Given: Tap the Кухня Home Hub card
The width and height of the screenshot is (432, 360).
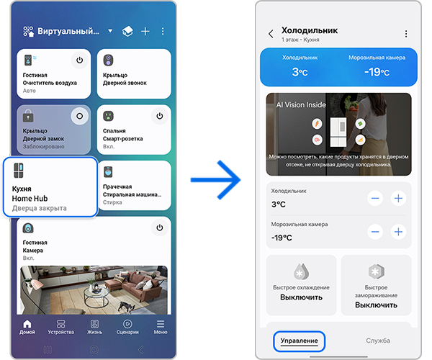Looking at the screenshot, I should click(50, 187).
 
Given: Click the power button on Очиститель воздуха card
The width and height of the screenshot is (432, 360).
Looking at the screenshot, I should click(78, 60).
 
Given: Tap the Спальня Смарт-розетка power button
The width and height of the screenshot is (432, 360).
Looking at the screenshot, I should click(159, 116).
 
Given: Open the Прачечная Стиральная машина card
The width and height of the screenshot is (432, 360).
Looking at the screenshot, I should click(133, 184).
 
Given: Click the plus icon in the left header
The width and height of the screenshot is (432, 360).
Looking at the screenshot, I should click(145, 32).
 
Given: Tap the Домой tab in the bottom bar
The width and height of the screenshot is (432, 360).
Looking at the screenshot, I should click(27, 327).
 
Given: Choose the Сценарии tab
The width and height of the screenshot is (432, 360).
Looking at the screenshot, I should click(127, 327).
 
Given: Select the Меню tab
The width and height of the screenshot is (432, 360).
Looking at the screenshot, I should click(160, 327).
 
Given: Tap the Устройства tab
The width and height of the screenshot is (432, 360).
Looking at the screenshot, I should click(60, 327).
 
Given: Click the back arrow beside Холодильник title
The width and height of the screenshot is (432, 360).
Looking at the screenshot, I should click(271, 34).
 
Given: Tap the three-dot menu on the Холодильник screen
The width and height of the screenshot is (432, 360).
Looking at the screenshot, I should click(406, 34).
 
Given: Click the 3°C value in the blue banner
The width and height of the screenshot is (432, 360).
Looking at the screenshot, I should click(300, 72).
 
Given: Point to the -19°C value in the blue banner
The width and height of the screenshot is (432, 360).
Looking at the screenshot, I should click(375, 72).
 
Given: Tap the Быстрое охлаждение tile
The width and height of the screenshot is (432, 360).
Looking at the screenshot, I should click(301, 284).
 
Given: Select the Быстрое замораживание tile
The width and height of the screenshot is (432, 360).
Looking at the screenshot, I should click(376, 284).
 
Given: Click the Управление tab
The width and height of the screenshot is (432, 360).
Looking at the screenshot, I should click(299, 340).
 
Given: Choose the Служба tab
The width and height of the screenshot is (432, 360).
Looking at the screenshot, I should click(378, 340).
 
